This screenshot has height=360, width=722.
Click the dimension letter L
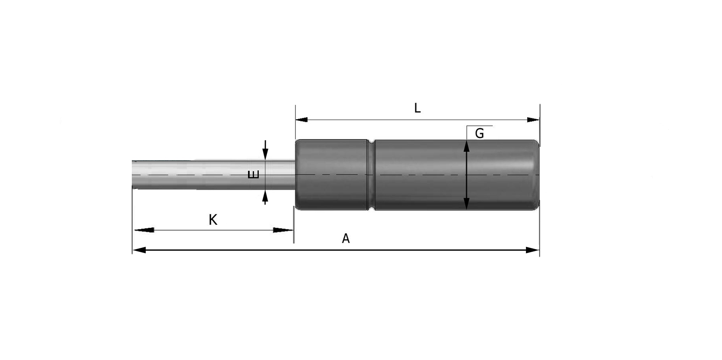[x=417, y=108]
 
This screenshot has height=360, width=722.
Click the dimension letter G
[x=479, y=134]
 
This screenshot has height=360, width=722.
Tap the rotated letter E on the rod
[x=254, y=175]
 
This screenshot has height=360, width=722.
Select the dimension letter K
[x=213, y=220]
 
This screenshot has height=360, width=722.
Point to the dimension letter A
[x=346, y=239]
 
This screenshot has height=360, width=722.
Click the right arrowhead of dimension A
[x=533, y=250]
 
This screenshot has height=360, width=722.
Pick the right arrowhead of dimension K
[x=283, y=230]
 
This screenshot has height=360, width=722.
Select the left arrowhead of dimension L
[x=302, y=120]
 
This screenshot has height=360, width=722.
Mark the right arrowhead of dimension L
[x=533, y=120]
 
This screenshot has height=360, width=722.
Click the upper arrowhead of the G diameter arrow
[x=467, y=146]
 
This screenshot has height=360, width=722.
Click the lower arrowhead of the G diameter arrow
[x=467, y=203]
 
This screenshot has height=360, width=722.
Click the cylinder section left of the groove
[x=332, y=175]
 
